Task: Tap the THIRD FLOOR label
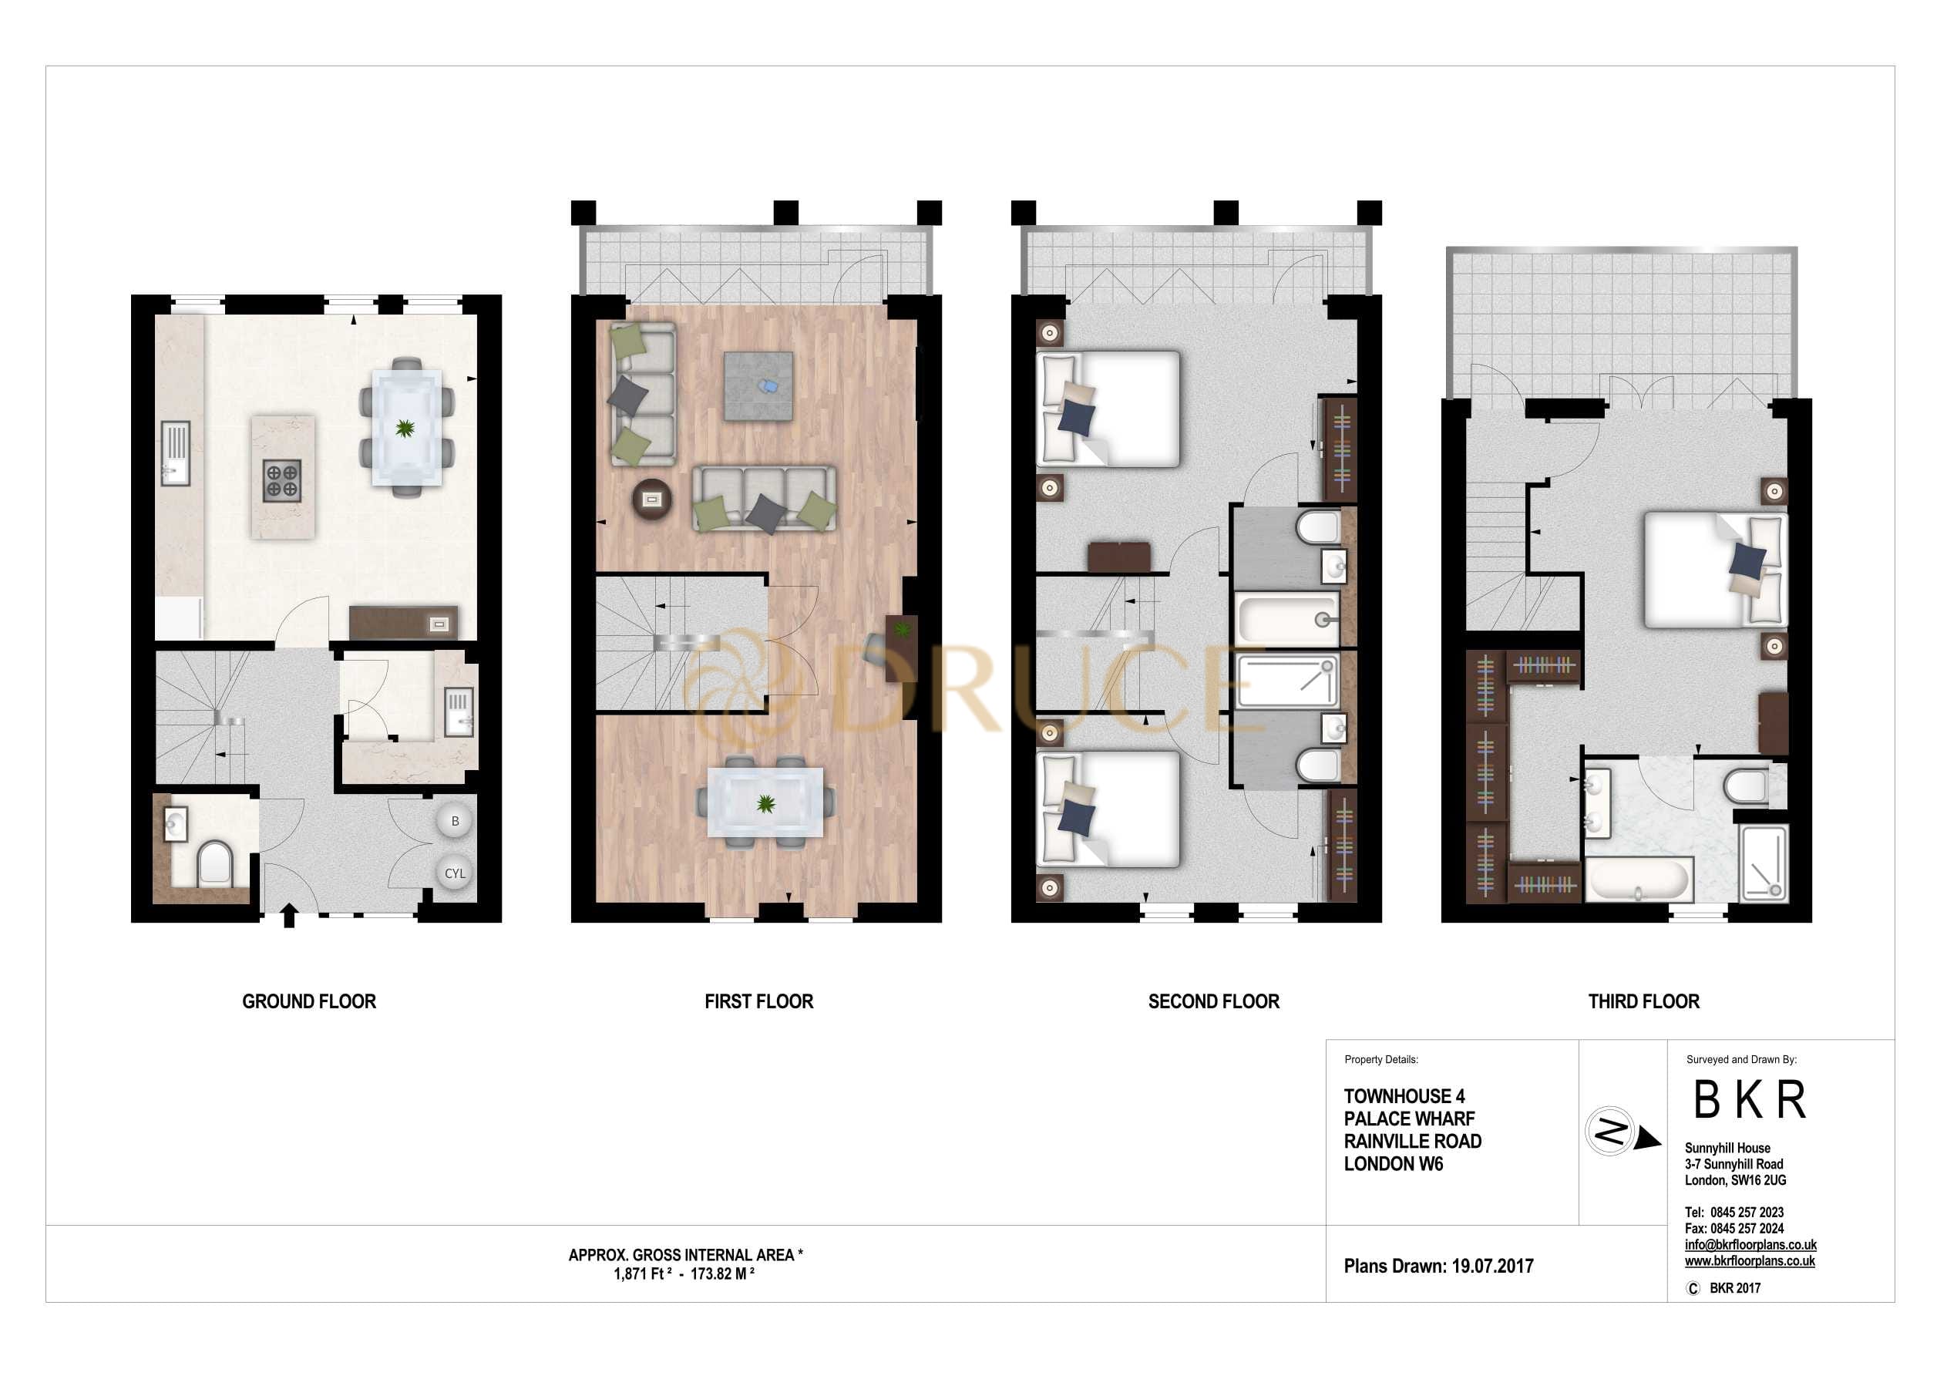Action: click(x=1643, y=1001)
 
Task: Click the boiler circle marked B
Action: click(x=455, y=821)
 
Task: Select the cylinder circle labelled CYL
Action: click(x=455, y=873)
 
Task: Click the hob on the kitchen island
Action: click(x=281, y=480)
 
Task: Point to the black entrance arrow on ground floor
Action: click(x=288, y=915)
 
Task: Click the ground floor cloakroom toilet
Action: click(x=213, y=863)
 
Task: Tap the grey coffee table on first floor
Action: click(x=758, y=386)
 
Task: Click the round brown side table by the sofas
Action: click(x=651, y=500)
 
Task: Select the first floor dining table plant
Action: click(x=765, y=803)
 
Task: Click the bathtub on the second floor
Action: click(x=1286, y=619)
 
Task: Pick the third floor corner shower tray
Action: click(x=1764, y=863)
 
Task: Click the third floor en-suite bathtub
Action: click(x=1639, y=880)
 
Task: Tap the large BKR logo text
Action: click(x=1750, y=1100)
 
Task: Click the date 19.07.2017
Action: click(x=1492, y=1267)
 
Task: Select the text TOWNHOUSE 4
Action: click(x=1404, y=1096)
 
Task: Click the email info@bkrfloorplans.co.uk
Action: click(x=1750, y=1244)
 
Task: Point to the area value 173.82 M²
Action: click(x=722, y=1274)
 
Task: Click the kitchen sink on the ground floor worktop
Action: click(x=175, y=453)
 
